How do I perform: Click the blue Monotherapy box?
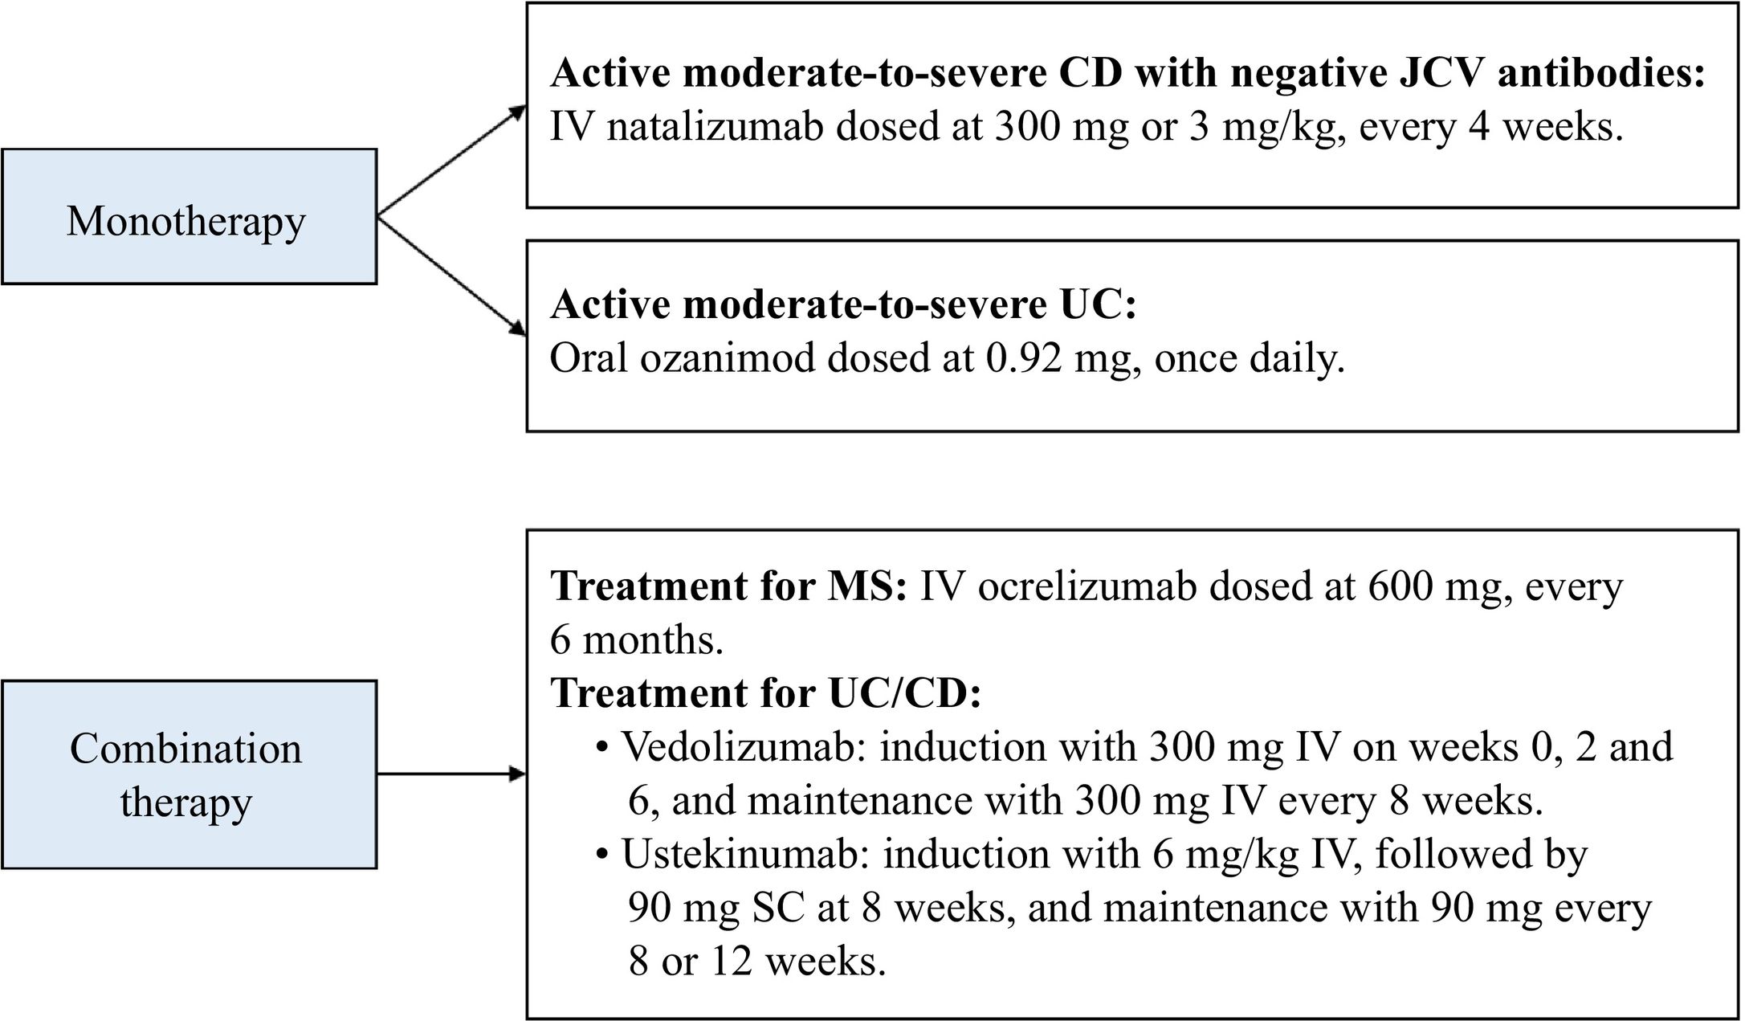click(x=189, y=216)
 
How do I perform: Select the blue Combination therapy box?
click(x=189, y=774)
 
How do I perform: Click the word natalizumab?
click(x=715, y=128)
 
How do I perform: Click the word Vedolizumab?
click(x=739, y=748)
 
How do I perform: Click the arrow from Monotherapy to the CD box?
click(x=452, y=161)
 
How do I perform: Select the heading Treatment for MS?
click(x=728, y=587)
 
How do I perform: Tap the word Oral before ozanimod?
click(x=589, y=358)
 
